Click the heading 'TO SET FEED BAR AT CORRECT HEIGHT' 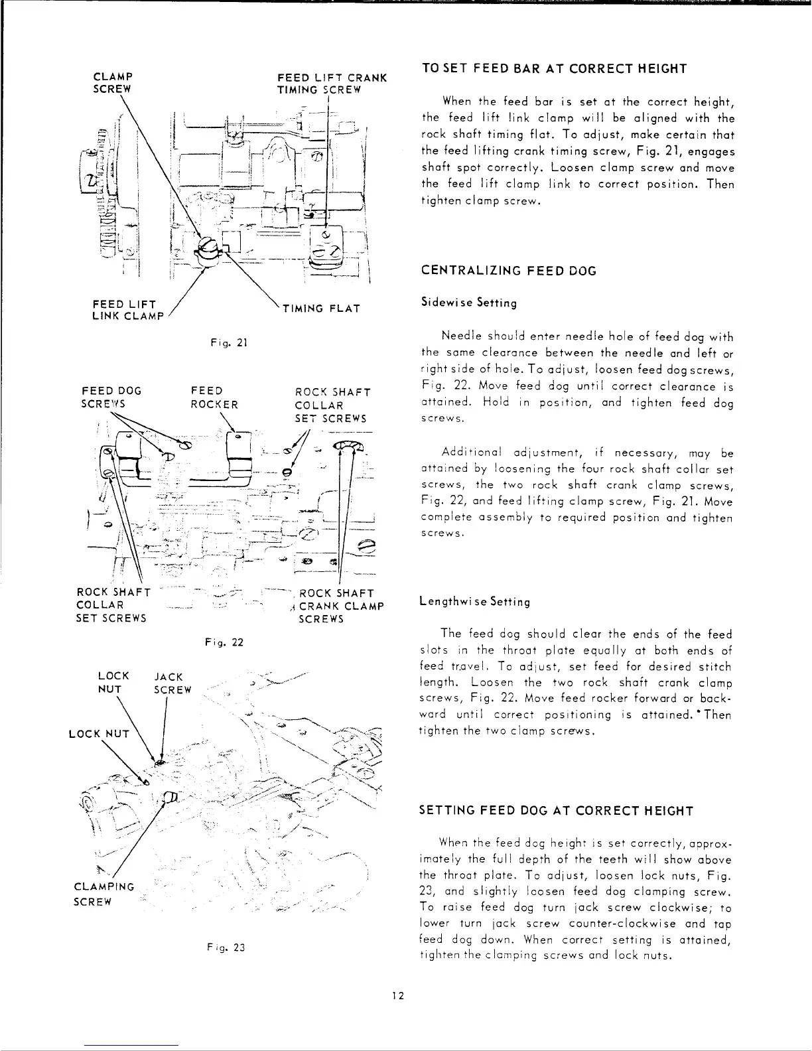554,69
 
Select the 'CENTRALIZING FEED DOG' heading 509,271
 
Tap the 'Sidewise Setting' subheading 469,303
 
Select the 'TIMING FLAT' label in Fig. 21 321,309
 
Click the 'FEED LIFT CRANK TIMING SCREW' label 332,83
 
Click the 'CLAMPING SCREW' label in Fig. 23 104,894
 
